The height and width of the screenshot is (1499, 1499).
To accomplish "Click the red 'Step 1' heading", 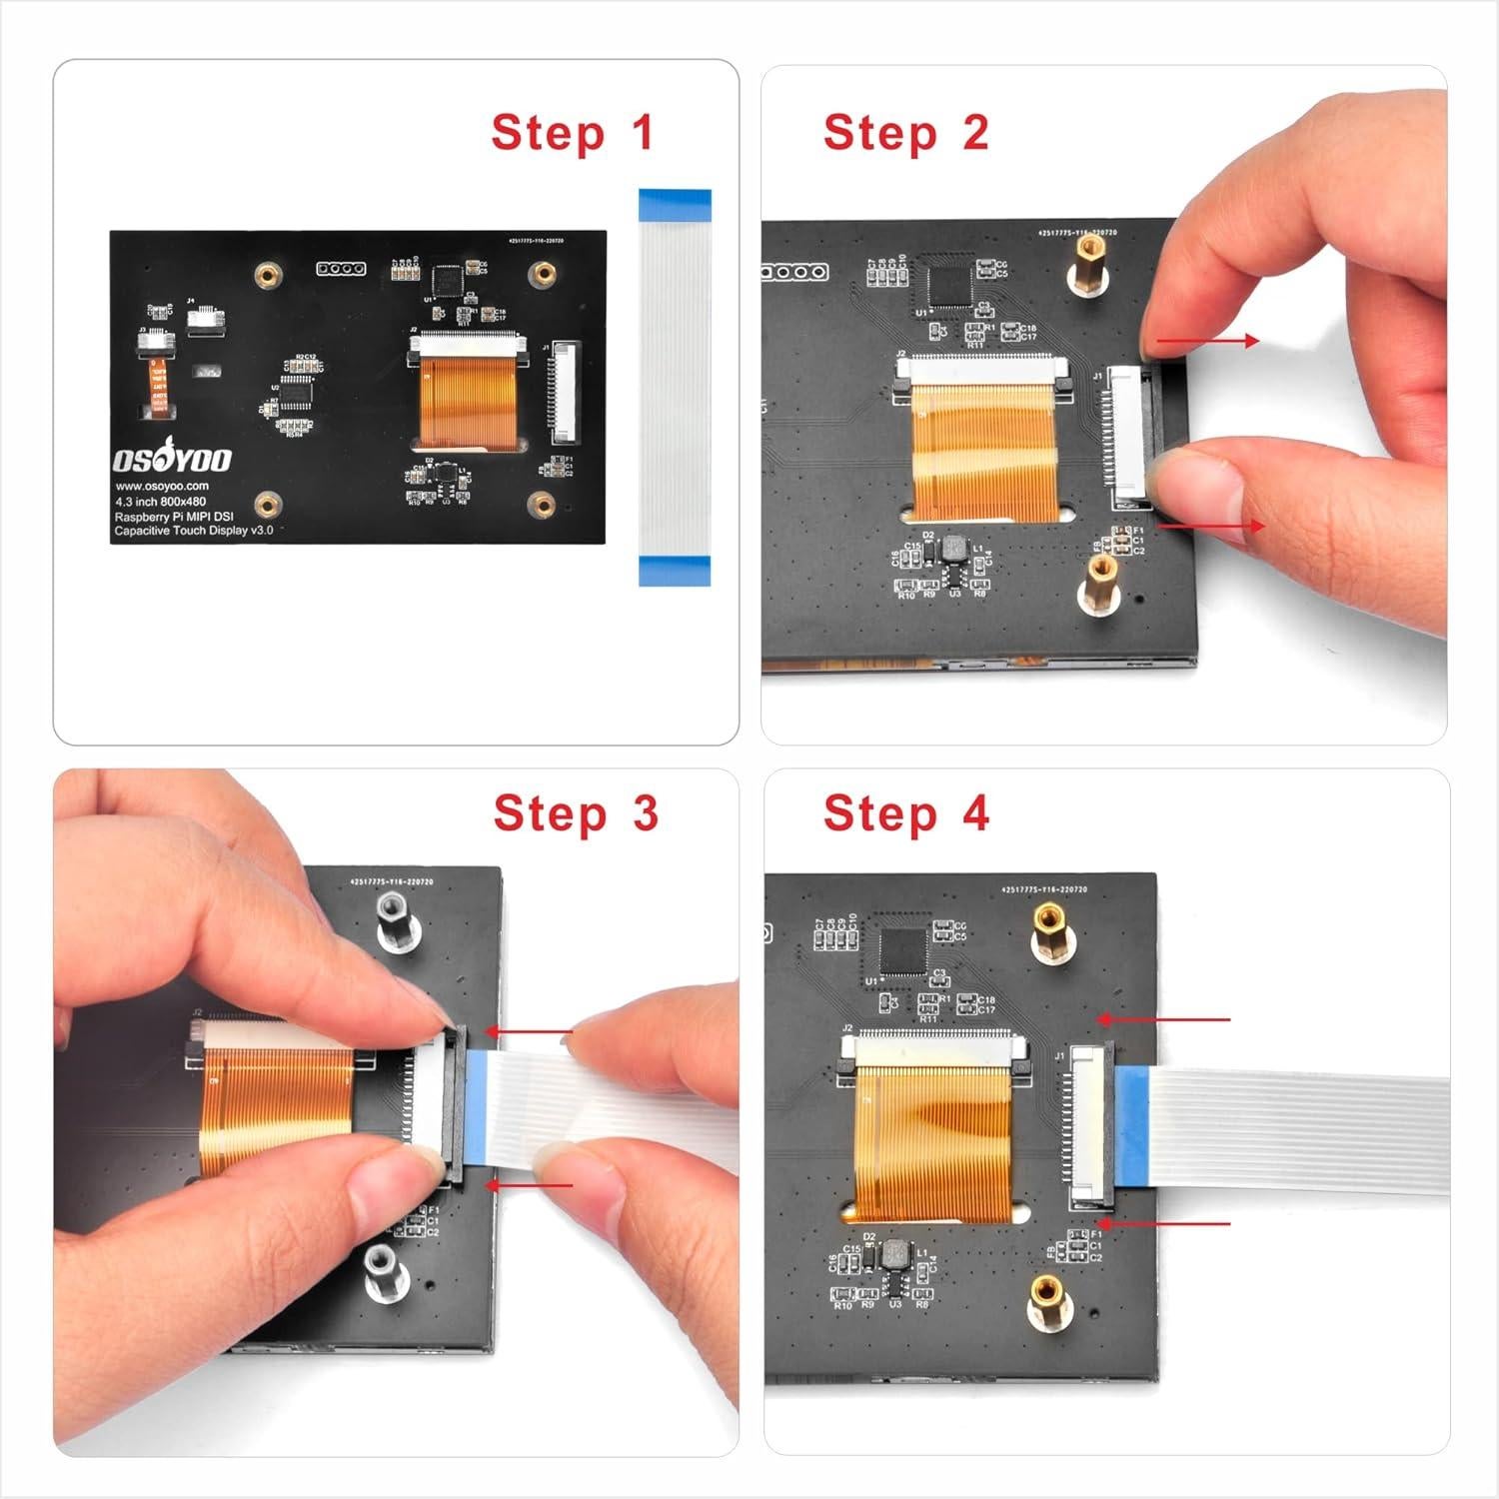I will pos(572,133).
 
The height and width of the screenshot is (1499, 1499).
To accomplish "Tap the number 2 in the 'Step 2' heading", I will pos(974,133).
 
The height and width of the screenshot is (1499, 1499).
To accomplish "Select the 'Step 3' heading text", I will pos(576,813).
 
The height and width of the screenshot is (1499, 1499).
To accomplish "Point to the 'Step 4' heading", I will pos(905,813).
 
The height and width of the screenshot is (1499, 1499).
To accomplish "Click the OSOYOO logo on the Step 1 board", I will pos(171,460).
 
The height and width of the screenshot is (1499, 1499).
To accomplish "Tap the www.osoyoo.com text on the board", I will pos(162,487).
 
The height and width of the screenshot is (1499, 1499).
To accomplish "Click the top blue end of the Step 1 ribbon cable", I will pos(674,203).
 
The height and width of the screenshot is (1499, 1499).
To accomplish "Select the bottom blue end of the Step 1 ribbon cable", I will pos(674,572).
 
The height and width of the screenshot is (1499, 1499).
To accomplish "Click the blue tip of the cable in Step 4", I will pos(1134,1126).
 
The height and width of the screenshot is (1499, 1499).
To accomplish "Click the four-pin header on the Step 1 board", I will pos(341,269).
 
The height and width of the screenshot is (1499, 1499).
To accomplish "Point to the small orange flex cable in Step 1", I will pos(157,386).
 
